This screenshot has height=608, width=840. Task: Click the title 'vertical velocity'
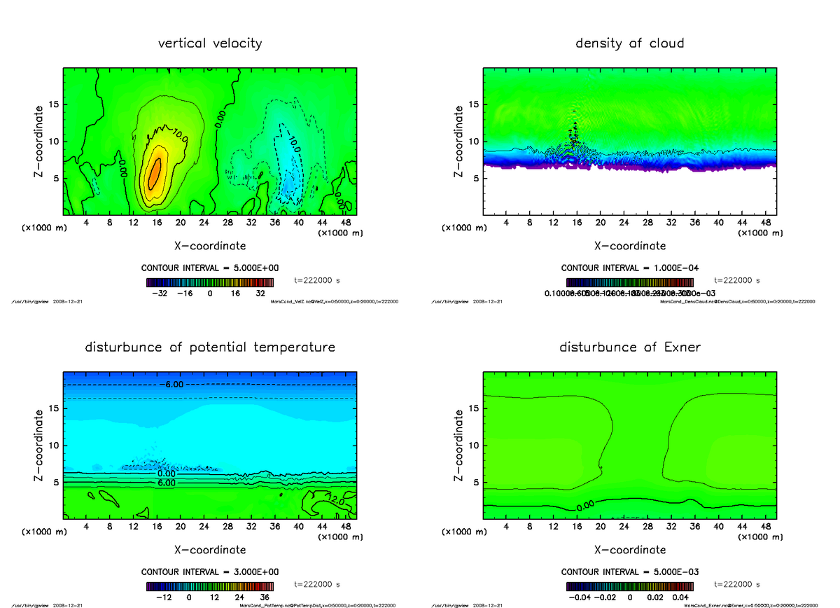(210, 43)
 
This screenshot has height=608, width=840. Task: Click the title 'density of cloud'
(629, 43)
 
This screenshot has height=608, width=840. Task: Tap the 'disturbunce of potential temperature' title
(210, 347)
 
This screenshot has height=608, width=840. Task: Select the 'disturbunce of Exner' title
(629, 347)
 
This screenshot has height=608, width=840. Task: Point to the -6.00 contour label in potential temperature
(171, 385)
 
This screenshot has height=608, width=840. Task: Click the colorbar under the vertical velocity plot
(210, 282)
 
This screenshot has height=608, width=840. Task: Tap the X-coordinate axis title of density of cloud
(630, 246)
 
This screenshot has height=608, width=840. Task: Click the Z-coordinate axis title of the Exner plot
(459, 446)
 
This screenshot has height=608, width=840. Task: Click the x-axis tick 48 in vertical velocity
(345, 222)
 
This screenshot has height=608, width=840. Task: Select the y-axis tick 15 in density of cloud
(473, 104)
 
